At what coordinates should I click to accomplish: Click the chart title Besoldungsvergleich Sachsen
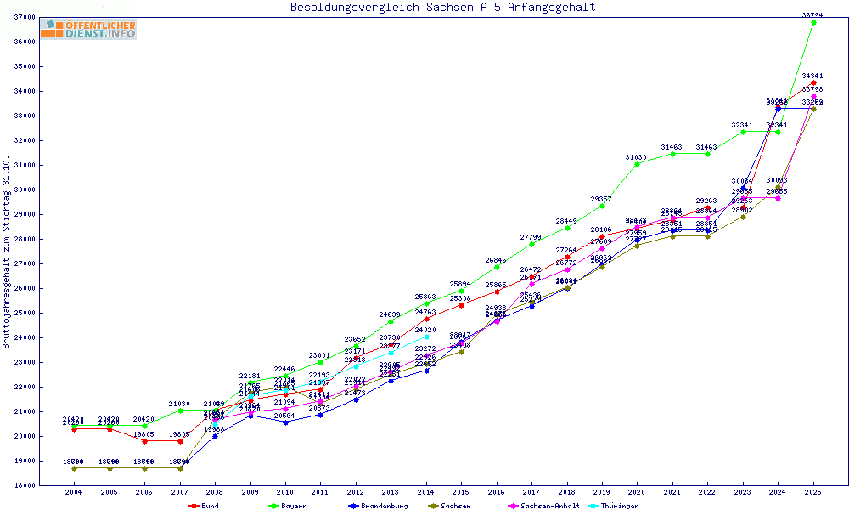442,8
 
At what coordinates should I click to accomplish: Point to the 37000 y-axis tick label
24,17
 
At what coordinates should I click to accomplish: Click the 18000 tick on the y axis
24,485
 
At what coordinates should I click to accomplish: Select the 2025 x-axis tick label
813,492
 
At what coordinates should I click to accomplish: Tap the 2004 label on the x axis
74,492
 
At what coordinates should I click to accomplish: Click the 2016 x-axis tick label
497,492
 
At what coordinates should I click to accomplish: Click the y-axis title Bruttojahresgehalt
7,252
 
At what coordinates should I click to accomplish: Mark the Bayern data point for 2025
813,22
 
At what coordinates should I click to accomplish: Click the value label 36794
813,14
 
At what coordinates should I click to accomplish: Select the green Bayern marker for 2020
637,164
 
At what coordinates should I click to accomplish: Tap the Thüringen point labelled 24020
426,337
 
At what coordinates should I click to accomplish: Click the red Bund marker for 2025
813,83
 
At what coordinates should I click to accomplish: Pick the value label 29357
602,198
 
